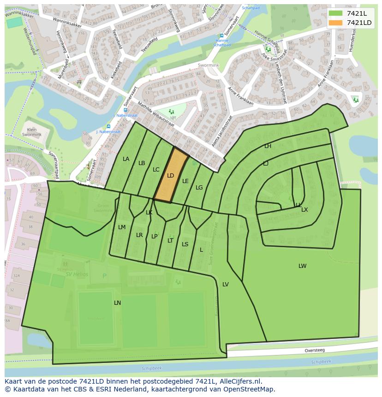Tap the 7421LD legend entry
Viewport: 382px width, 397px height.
pos(359,23)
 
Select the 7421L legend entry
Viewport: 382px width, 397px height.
pos(357,13)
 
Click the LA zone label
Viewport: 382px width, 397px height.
pos(126,159)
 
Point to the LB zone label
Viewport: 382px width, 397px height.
pos(142,163)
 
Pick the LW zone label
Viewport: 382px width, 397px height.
pos(302,266)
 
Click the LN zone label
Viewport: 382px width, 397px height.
pos(117,303)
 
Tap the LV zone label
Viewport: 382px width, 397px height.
pos(226,284)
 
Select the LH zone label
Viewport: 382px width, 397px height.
pos(268,146)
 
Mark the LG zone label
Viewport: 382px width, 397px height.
pos(199,188)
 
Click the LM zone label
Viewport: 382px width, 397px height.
pos(122,227)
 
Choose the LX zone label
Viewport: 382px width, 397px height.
pos(304,210)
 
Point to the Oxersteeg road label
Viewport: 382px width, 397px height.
pos(314,350)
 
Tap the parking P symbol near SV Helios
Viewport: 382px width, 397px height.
pos(104,276)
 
